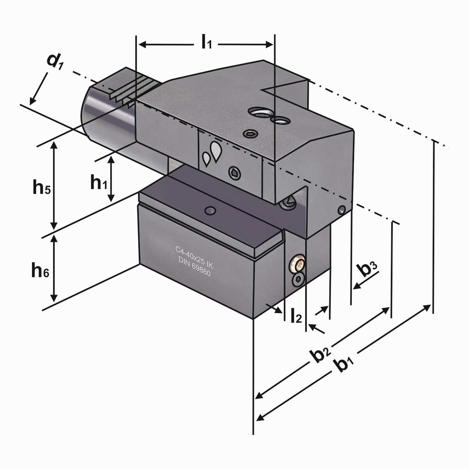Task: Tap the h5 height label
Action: point(41,188)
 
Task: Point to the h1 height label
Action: point(98,183)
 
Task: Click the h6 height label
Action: point(40,270)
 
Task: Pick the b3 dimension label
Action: point(367,269)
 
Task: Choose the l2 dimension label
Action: point(296,316)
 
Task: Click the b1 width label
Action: point(345,365)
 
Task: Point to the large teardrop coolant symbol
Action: point(215,150)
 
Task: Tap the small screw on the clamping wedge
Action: point(211,211)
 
